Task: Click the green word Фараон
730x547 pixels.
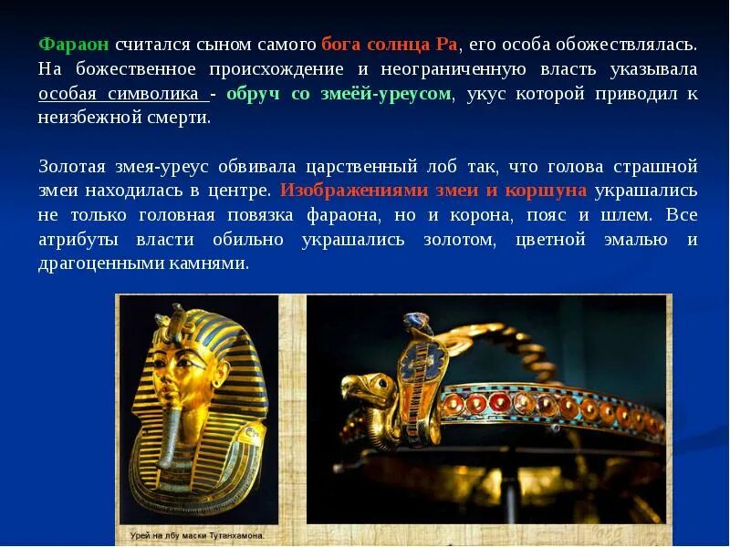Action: [x=74, y=44]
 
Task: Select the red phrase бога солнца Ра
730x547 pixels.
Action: [x=391, y=44]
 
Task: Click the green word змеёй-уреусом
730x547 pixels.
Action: [x=387, y=94]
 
